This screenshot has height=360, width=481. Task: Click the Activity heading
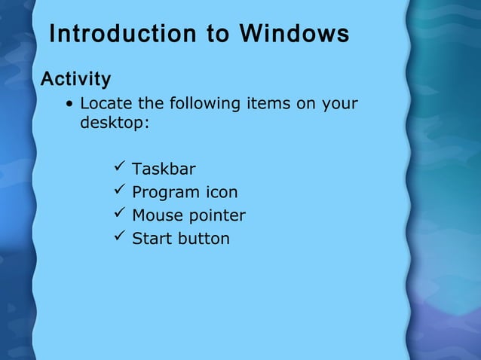click(75, 78)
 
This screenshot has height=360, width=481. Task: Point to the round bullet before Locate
click(69, 104)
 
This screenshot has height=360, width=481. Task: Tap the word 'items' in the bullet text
click(268, 103)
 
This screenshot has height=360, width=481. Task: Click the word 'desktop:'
click(115, 122)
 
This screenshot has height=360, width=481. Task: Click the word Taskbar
click(164, 169)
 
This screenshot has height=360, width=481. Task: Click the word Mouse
click(157, 215)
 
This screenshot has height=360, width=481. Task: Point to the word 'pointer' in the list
click(216, 216)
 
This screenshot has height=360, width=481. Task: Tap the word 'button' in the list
click(204, 239)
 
